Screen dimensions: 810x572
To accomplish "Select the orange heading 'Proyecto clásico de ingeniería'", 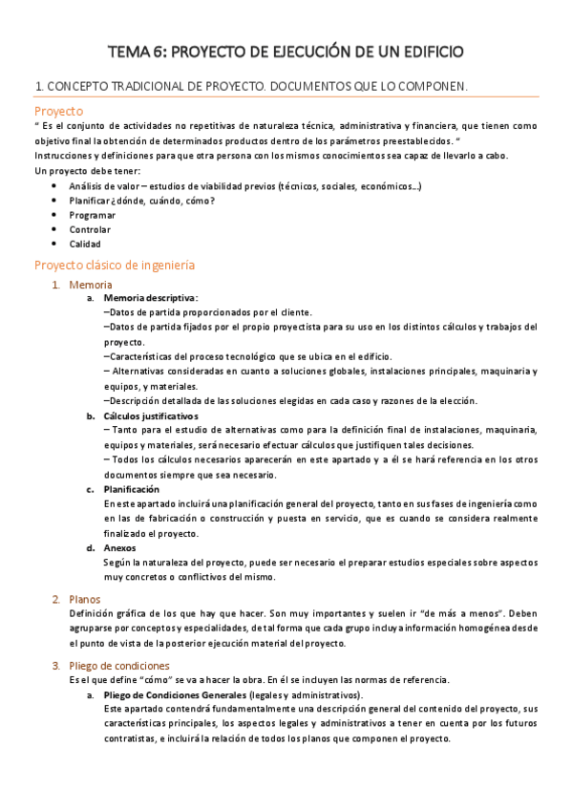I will tap(115, 265).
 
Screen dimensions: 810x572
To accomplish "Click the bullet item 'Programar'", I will tap(94, 215).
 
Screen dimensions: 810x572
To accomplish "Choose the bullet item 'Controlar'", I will tap(90, 229).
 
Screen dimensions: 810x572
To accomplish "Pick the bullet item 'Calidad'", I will tap(85, 244).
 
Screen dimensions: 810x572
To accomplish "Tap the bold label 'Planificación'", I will tap(132, 489).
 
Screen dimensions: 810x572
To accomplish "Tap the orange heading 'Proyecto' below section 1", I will tap(59, 111).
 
